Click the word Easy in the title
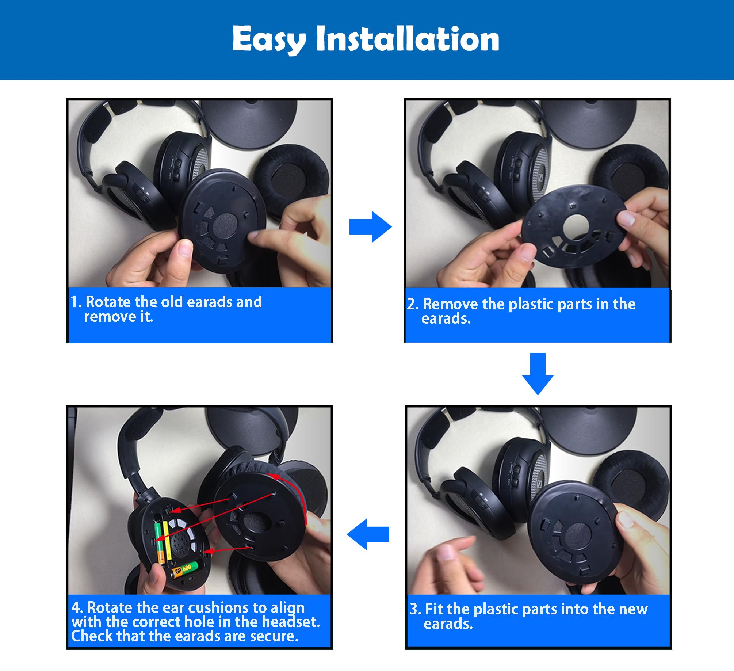pos(269,40)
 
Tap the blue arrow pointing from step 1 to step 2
pos(370,227)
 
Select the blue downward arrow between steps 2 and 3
pos(538,374)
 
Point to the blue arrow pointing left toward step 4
pos(368,534)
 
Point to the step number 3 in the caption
pos(413,609)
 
